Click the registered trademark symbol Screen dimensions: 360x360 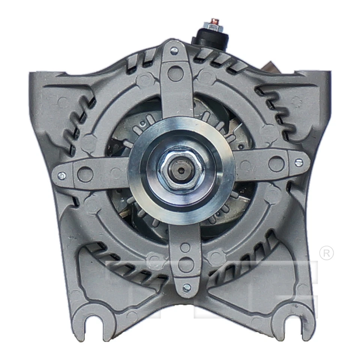pyautogui.click(x=326, y=253)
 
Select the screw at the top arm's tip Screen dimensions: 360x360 pyautogui.click(x=174, y=51)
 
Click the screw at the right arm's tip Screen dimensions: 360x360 pyautogui.click(x=298, y=162)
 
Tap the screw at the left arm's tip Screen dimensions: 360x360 pyautogui.click(x=61, y=175)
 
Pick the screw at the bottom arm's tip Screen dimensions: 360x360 pyautogui.click(x=186, y=288)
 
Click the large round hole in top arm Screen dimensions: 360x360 pyautogui.click(x=175, y=73)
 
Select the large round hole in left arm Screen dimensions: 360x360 pyautogui.click(x=85, y=174)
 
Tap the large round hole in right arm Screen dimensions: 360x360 pyautogui.click(x=276, y=163)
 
